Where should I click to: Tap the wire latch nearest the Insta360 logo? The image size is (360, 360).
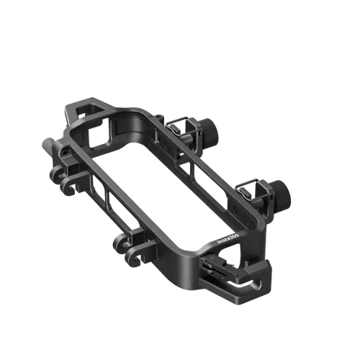tap(248, 190)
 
